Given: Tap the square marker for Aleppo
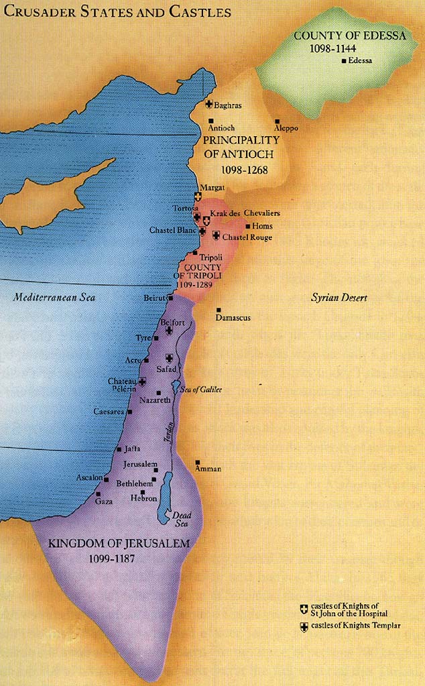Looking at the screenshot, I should (278, 121).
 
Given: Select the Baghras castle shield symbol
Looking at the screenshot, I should (208, 105).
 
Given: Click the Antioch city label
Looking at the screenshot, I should (221, 128).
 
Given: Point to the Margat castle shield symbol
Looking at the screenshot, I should (198, 196).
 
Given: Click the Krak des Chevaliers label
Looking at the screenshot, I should (245, 213).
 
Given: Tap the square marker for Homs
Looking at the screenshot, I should (248, 226).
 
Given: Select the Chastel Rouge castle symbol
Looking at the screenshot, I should (216, 236).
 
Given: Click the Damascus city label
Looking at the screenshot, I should (233, 317).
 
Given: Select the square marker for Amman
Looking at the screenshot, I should (197, 462).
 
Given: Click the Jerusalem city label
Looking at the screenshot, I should (140, 464).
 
